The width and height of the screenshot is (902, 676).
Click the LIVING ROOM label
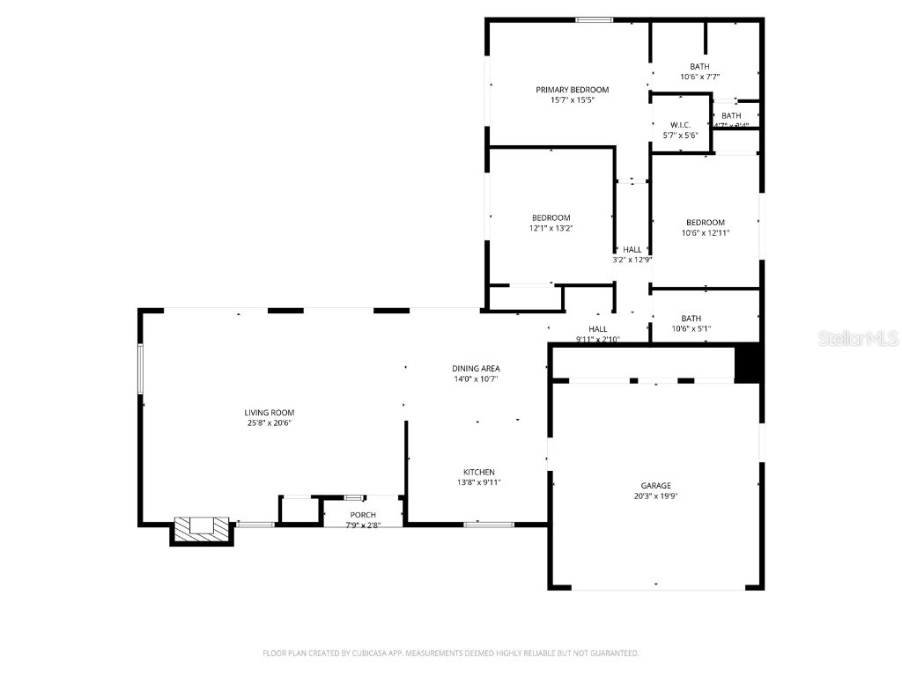pos(270,412)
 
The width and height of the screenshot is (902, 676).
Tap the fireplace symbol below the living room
pos(202,527)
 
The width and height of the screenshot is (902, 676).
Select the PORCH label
pos(363,515)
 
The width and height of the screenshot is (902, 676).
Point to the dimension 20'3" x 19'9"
pos(655,496)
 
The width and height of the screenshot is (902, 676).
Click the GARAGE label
pos(655,485)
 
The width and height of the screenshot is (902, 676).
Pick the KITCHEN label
pos(479,472)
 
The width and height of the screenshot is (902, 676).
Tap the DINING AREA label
pos(477,368)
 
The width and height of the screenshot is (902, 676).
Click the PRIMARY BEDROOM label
pos(573,90)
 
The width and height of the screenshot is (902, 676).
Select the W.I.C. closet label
pos(680,125)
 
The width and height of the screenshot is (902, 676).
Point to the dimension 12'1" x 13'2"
pos(551,228)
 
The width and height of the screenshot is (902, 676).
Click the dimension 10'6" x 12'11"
pos(706,232)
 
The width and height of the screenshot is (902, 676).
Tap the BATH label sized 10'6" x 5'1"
pos(691,319)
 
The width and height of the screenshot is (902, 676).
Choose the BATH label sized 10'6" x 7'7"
pos(699,67)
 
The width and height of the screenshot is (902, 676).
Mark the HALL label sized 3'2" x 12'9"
pos(632,249)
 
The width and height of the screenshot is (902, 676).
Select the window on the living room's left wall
pos(139,368)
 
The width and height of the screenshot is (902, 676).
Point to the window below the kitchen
pos(489,525)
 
